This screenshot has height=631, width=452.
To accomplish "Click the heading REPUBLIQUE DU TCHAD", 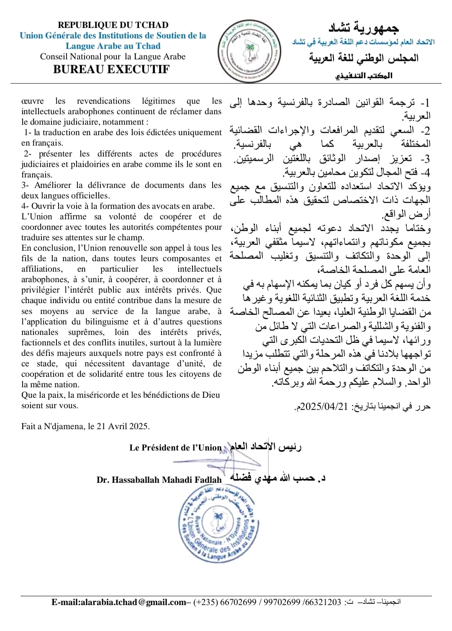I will [113, 25].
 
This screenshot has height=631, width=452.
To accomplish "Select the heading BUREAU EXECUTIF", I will [111, 70].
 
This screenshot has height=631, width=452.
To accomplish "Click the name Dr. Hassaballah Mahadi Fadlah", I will [159, 480].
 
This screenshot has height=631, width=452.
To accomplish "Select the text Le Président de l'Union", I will [175, 448].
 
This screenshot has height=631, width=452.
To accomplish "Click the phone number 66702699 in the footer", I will [238, 602].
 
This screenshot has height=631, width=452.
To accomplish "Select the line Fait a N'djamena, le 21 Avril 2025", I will [85, 426].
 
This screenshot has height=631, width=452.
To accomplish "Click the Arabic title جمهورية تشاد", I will [363, 28].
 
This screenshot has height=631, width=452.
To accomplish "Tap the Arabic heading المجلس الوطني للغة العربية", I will [364, 58].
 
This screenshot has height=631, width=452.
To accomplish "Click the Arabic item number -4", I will [425, 172].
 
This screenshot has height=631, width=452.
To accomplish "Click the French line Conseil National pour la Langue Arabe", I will [113, 57].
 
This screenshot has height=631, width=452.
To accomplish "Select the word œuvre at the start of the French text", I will [33, 101].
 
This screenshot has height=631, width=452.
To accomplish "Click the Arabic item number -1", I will [425, 103].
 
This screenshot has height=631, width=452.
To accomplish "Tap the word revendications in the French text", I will [103, 101].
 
